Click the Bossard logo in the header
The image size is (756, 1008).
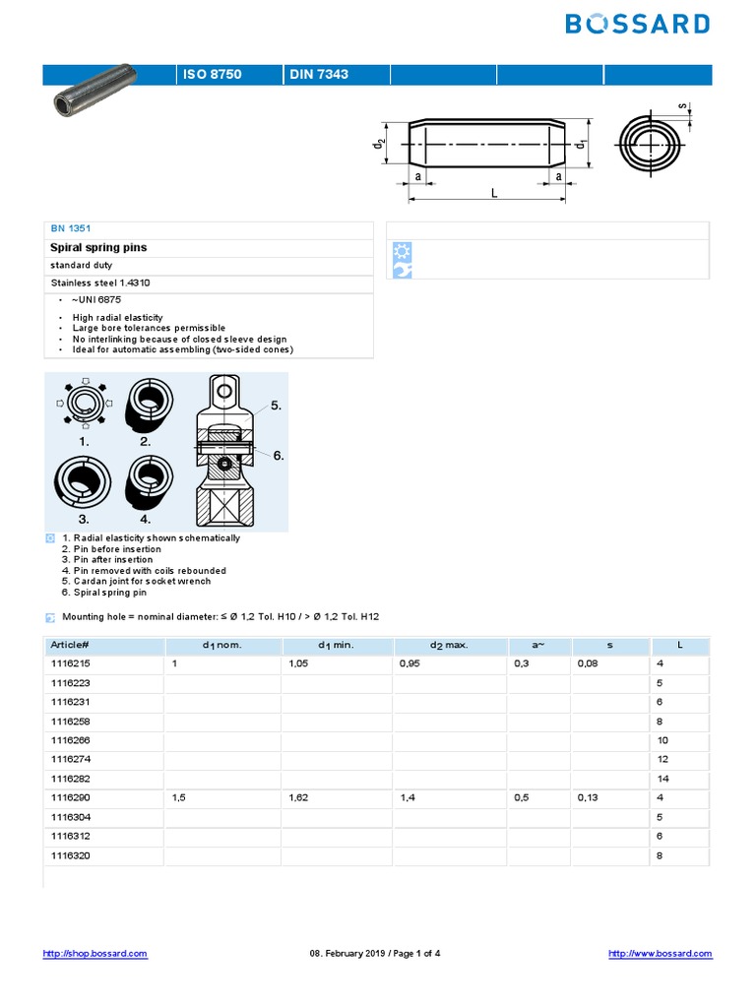(x=638, y=24)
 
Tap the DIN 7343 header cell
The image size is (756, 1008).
(x=318, y=75)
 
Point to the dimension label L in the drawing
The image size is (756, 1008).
(x=495, y=194)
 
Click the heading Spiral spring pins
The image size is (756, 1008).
(x=98, y=247)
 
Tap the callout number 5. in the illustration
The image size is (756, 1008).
(x=277, y=405)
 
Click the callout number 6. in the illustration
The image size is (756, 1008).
(x=278, y=455)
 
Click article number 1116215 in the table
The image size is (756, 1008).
(x=70, y=664)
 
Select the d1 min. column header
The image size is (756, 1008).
(x=337, y=645)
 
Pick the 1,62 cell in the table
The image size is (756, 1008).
(x=300, y=798)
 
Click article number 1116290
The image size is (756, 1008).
(x=70, y=798)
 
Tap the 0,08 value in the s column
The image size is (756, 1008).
(x=588, y=664)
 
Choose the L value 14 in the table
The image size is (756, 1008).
(x=662, y=779)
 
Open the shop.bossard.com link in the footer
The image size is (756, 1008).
(x=95, y=953)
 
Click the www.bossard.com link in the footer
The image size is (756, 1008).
(x=660, y=953)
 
